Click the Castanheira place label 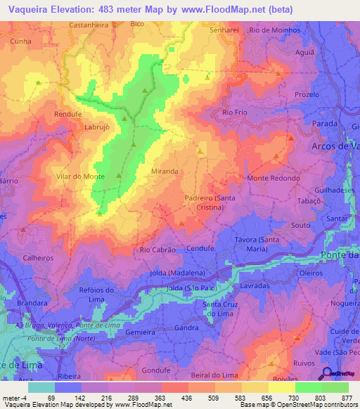[x=89, y=24]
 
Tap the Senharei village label [x=225, y=30]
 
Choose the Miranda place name [x=165, y=171]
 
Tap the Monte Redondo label [x=273, y=178]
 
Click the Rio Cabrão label [x=157, y=249]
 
